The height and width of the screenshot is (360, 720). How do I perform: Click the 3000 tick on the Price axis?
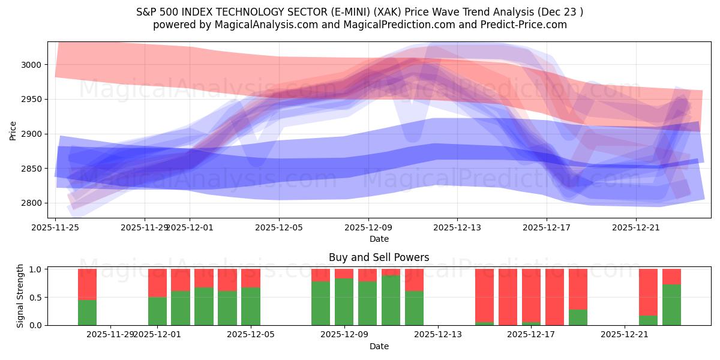coord(33,65)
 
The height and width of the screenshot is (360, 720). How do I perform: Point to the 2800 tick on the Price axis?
coord(33,203)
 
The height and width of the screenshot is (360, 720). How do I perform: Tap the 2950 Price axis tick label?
coord(33,100)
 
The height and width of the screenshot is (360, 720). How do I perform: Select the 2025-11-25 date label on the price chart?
coord(56,228)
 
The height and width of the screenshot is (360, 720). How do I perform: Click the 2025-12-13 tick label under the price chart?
coord(457,228)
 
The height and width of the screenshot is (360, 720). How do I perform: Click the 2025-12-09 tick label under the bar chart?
coord(344,335)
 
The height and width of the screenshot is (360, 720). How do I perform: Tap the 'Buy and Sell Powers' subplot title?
coord(379,257)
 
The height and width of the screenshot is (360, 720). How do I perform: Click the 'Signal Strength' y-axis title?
coord(20,296)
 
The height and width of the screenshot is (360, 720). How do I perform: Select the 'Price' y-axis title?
coord(13,131)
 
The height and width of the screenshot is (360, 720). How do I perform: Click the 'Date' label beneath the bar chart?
coord(379,346)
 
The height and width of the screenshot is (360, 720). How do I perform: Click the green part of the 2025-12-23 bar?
coord(671,305)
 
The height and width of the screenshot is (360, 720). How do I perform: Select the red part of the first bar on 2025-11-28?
coord(87,284)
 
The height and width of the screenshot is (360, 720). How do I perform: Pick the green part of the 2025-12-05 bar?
coord(251,306)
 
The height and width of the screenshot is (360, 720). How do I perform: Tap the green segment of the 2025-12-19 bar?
coord(578,317)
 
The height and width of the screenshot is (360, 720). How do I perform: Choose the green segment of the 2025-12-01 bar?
coord(157,311)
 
